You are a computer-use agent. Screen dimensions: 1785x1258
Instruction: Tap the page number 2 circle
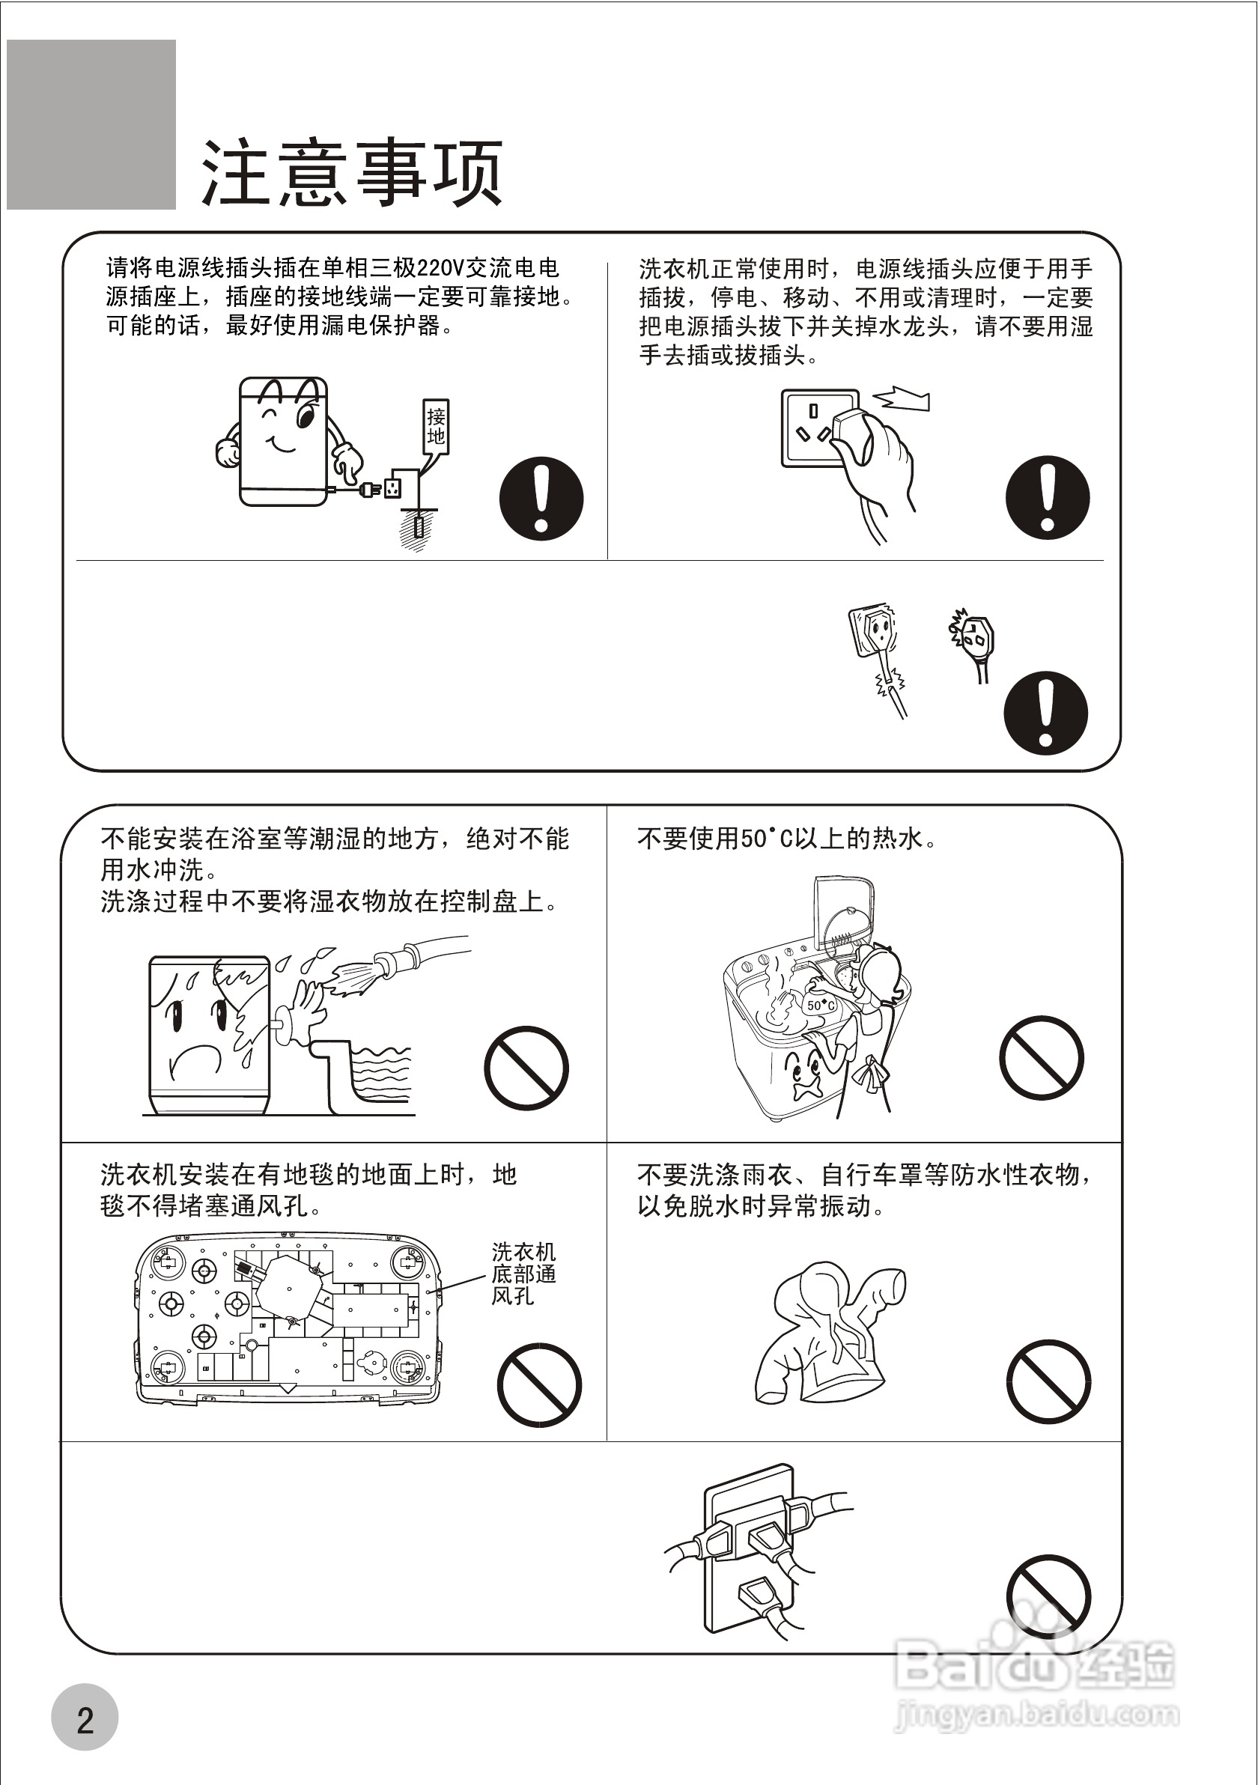[x=85, y=1717]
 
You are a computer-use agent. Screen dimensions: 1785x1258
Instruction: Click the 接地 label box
[x=435, y=426]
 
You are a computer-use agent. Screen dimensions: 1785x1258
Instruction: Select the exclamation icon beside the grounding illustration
[x=541, y=499]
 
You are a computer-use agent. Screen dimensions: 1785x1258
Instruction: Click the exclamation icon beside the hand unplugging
[x=1048, y=498]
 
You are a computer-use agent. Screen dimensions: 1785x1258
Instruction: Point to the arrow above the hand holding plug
[x=904, y=399]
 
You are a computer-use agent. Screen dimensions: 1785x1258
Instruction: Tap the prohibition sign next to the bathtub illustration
[x=526, y=1068]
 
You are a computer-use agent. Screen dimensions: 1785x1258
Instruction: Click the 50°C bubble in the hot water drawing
[x=820, y=1006]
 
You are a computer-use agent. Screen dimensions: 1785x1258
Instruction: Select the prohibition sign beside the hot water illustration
[x=1041, y=1057]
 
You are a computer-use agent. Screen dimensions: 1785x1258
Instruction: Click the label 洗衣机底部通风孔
[x=523, y=1274]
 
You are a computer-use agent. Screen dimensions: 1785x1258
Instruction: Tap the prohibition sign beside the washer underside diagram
[x=539, y=1384]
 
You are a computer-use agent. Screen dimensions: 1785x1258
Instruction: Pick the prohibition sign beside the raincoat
[x=1048, y=1381]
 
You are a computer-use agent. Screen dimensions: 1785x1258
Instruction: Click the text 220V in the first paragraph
[x=440, y=268]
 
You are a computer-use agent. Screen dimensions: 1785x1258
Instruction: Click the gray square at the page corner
[x=91, y=124]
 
